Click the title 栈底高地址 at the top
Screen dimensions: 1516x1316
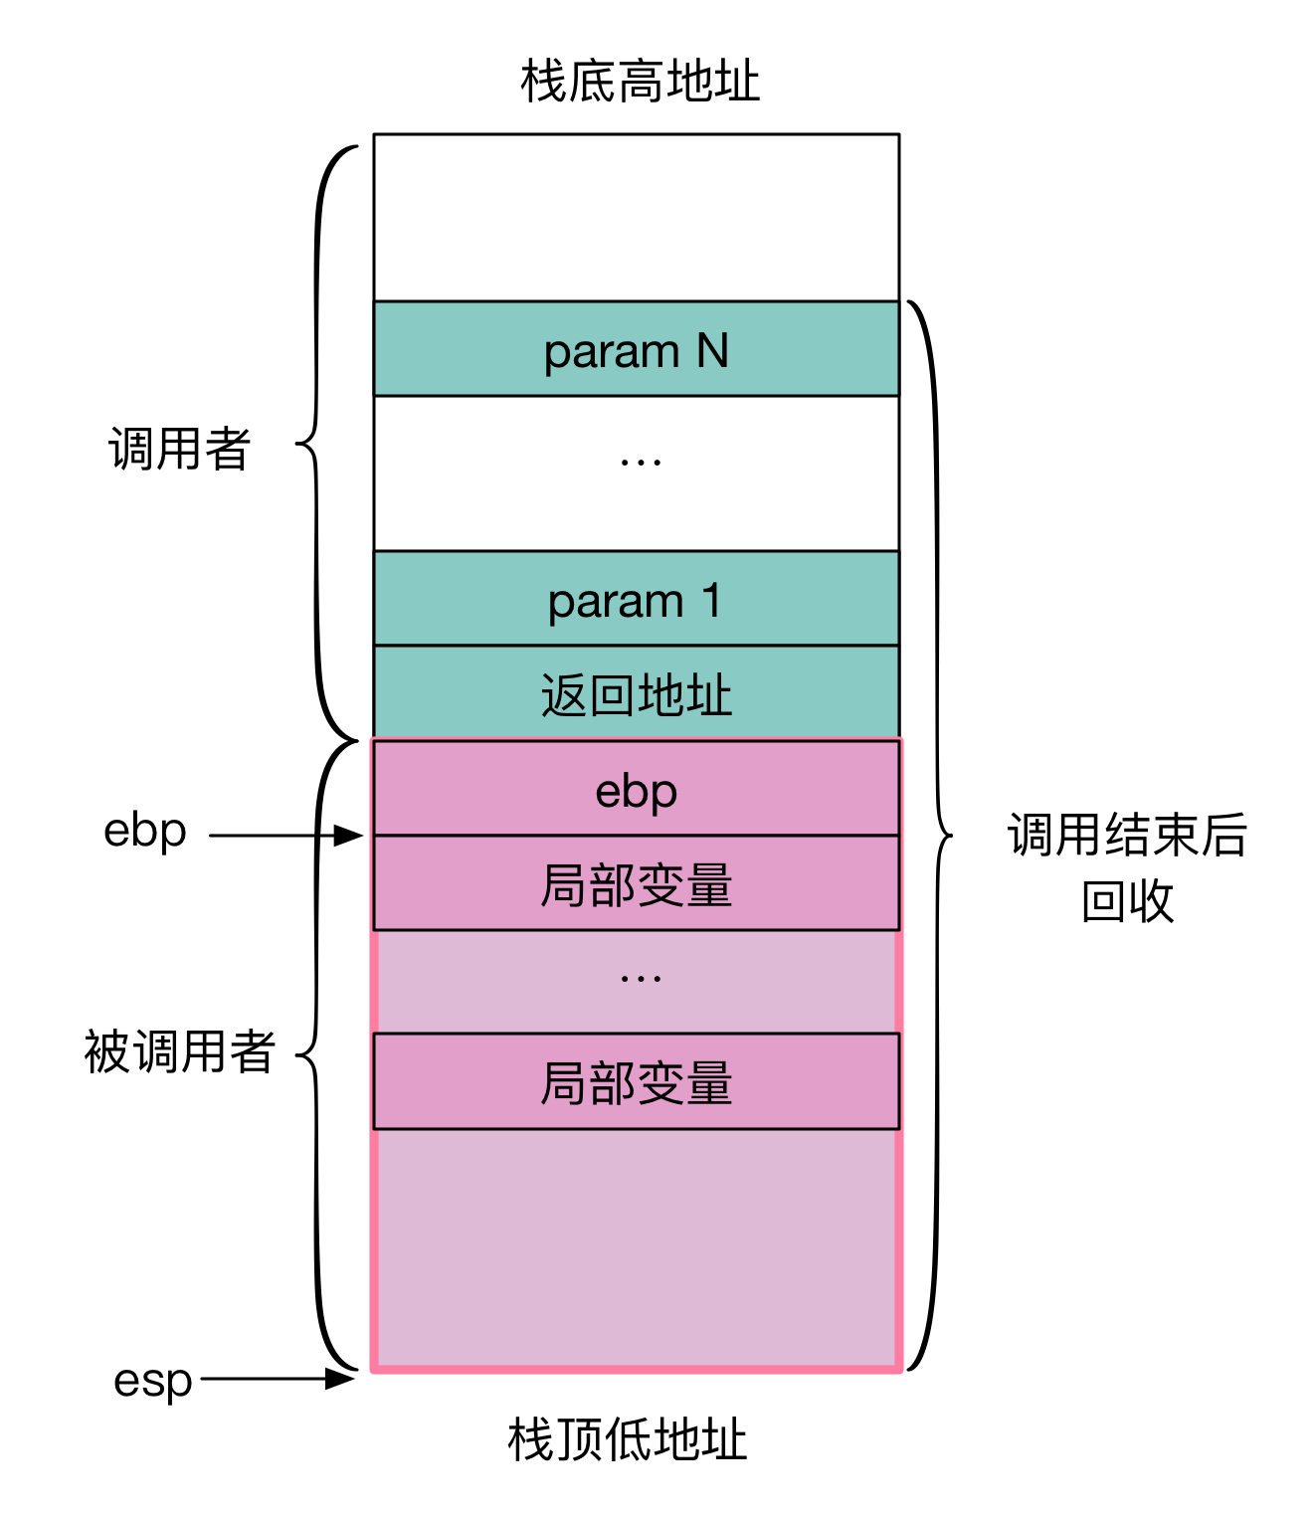coord(640,82)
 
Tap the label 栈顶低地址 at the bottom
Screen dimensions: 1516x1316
coord(627,1439)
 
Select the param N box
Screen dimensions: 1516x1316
coord(636,349)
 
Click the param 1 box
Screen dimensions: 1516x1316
coord(636,599)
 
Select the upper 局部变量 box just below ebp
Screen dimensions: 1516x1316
coord(636,884)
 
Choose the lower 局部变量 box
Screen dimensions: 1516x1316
coord(636,1082)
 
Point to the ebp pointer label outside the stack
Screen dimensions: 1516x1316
coord(145,832)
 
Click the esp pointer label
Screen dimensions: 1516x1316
coord(152,1380)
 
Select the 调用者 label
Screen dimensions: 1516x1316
coord(179,449)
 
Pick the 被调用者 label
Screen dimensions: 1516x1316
coord(179,1051)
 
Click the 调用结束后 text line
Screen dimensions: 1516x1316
coord(1127,835)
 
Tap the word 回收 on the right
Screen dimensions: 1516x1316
coord(1127,901)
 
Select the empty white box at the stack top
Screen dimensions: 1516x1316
coord(636,218)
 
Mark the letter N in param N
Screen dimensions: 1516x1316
coord(712,350)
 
